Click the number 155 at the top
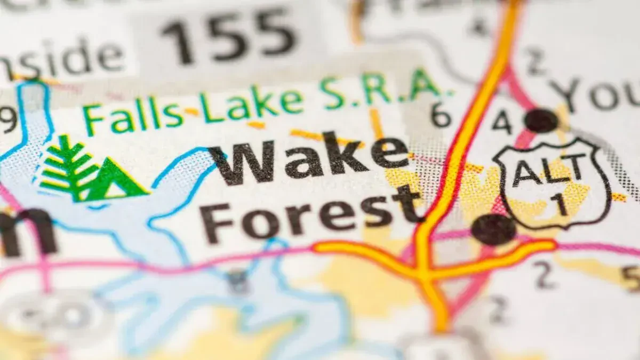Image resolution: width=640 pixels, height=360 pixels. click(x=228, y=36)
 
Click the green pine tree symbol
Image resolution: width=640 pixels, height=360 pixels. click(x=67, y=167)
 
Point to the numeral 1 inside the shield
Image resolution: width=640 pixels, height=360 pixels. click(x=559, y=204)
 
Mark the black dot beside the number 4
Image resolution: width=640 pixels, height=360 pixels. click(x=541, y=121)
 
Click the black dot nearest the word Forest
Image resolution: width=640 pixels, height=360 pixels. click(x=493, y=229)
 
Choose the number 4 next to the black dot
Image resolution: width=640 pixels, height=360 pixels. click(x=502, y=122)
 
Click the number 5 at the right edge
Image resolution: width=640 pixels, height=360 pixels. click(x=631, y=277)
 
